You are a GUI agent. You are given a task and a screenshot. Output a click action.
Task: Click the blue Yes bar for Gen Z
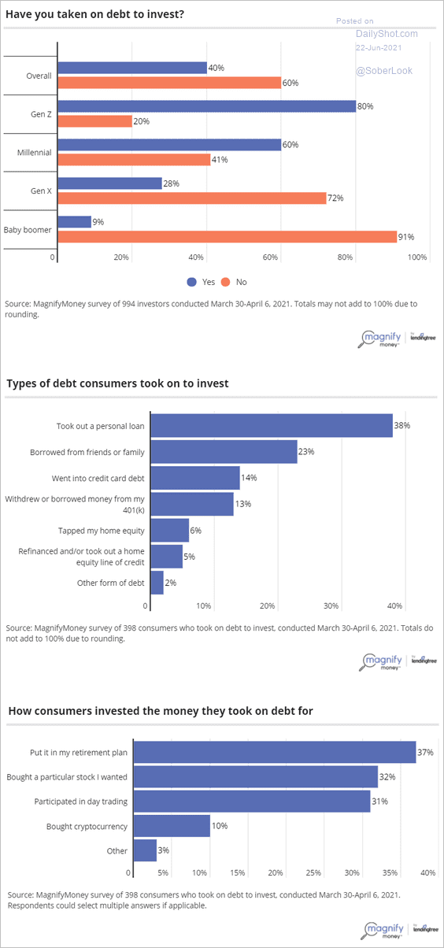tap(206, 106)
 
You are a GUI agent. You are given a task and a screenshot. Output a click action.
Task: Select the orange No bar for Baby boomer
tap(228, 236)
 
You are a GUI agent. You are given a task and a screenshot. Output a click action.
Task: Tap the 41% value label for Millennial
tap(220, 160)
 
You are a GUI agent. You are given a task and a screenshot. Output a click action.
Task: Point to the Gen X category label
tap(41, 191)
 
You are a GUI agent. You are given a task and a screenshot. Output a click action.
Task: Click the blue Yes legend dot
tap(192, 282)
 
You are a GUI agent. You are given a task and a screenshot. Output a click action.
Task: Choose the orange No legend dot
tap(226, 282)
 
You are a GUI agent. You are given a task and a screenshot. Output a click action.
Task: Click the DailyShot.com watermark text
tap(387, 34)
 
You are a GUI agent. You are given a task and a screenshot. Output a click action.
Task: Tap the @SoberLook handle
tap(384, 71)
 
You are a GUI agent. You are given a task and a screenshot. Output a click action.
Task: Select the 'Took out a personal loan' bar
tap(272, 425)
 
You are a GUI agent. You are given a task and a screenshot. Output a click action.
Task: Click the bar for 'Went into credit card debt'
tap(195, 478)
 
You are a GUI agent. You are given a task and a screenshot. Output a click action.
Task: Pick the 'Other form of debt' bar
tap(157, 583)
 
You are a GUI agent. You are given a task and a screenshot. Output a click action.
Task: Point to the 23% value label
tap(306, 452)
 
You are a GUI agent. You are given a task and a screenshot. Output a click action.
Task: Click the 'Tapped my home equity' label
tap(101, 531)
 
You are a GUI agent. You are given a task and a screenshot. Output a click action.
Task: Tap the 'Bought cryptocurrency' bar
tap(172, 826)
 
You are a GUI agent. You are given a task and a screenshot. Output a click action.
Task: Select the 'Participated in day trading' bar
tap(252, 801)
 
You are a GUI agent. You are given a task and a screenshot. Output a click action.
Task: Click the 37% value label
tap(425, 752)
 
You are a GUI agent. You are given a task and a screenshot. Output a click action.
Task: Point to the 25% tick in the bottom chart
tap(313, 872)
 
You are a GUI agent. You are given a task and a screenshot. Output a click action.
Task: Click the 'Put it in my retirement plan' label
tap(78, 753)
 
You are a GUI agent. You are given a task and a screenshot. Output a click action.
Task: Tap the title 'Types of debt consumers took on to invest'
tap(117, 383)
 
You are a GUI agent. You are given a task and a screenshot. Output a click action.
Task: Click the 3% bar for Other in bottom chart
tap(145, 850)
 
